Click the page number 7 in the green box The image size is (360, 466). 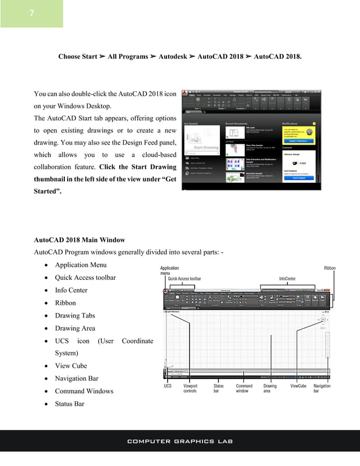coord(32,14)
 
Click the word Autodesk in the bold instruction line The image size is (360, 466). coord(173,57)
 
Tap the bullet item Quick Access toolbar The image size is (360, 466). coord(85,278)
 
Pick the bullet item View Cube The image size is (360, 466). coord(71,366)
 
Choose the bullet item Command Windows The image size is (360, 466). coord(84,391)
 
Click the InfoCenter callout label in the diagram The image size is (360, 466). coord(291,279)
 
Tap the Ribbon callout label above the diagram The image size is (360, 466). coord(330,268)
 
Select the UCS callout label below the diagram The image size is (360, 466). coord(168,386)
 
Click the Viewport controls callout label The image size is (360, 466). coord(190,389)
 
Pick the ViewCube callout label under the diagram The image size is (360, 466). coord(298,386)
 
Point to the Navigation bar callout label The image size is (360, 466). coord(322,389)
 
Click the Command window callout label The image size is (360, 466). coord(244,389)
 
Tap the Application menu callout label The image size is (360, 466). coord(170,271)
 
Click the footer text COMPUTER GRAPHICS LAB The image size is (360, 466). coord(180,441)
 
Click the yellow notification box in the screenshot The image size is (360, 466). coord(300,135)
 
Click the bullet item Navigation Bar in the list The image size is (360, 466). coord(76,378)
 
